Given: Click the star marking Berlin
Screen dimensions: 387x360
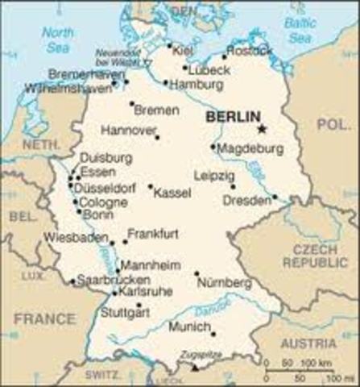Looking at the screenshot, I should tap(261, 127).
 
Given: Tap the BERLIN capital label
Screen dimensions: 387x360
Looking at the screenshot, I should tap(233, 117).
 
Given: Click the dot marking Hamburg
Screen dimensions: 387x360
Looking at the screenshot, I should tap(165, 82).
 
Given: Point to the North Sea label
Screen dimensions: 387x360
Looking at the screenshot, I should tap(57, 40).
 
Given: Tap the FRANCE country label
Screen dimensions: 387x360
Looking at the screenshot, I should tap(44, 318).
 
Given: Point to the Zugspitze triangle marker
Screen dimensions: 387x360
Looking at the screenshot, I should tap(195, 367).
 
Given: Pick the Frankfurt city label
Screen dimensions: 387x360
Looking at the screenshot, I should tap(153, 233).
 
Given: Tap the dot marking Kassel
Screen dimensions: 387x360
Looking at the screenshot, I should tap(151, 186).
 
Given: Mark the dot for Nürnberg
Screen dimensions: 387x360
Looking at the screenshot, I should tap(197, 273).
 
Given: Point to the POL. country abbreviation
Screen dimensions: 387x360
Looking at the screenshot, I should tap(333, 125).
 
